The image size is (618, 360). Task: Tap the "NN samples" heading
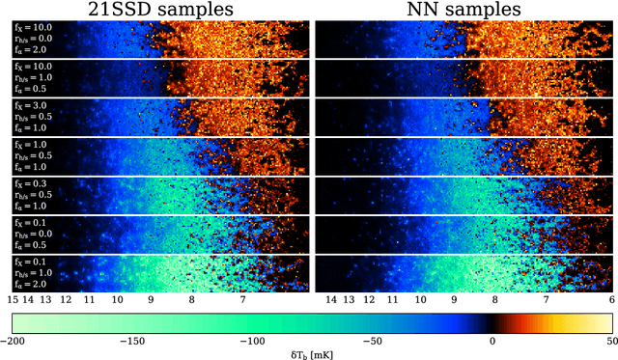tap(463, 11)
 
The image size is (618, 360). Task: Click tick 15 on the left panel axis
tap(14, 301)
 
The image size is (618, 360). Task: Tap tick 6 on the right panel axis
tap(612, 301)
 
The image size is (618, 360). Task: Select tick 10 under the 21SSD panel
tap(117, 301)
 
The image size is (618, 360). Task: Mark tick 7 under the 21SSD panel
tap(241, 301)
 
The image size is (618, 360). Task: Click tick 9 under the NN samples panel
tap(453, 301)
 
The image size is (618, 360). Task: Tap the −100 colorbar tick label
tap(251, 341)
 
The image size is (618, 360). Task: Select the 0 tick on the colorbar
tap(492, 341)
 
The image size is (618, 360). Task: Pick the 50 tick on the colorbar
tap(608, 341)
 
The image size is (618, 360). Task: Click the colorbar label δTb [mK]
tap(309, 353)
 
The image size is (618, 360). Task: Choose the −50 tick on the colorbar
tap(372, 341)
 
